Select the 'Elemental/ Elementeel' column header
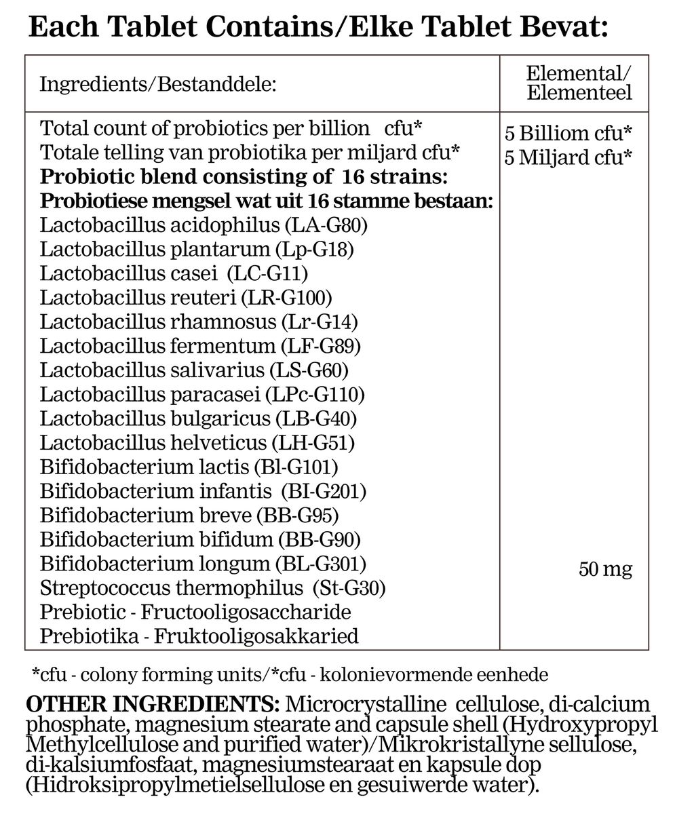click(578, 83)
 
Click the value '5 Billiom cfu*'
click(568, 132)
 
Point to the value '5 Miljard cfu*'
click(568, 157)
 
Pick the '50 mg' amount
click(605, 569)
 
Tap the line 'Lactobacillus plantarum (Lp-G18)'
click(197, 249)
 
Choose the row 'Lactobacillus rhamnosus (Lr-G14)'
click(199, 322)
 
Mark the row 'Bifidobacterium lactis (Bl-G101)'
click(189, 467)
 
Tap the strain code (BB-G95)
click(298, 516)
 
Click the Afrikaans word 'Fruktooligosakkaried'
click(256, 637)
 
